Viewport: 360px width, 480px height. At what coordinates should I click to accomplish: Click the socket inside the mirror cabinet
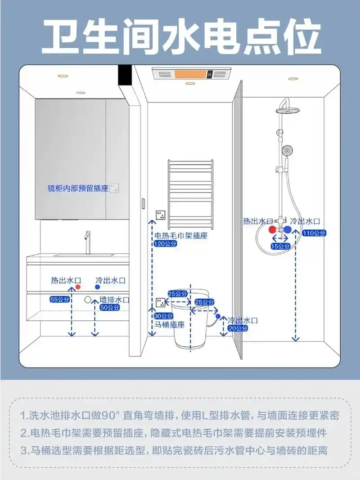[116, 188]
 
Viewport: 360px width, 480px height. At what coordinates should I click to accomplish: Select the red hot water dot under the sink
[77, 286]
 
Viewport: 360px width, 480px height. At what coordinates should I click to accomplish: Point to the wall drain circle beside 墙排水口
[88, 300]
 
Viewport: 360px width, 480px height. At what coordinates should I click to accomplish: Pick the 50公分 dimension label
[110, 308]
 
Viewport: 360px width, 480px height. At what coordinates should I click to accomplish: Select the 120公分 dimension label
[166, 243]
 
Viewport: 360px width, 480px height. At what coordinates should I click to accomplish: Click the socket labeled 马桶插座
[160, 302]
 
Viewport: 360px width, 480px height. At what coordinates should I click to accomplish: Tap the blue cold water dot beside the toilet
[218, 317]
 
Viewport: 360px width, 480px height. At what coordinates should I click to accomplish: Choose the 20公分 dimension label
[238, 328]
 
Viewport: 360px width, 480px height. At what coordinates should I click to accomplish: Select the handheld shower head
[286, 151]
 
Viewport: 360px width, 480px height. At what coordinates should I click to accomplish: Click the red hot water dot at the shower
[272, 229]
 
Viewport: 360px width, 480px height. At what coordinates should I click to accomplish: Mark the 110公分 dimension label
[314, 233]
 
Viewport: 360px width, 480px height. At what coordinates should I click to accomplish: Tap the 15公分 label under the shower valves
[280, 246]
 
